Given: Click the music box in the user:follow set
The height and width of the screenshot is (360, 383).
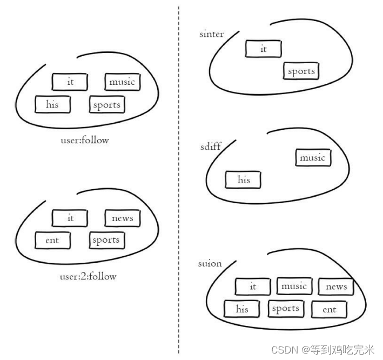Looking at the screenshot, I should point(122,82).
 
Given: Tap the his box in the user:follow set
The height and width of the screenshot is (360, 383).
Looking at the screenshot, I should point(53,104).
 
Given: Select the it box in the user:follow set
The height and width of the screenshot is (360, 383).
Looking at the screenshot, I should point(70,82).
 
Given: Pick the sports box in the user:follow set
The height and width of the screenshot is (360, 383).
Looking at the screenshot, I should point(107,104).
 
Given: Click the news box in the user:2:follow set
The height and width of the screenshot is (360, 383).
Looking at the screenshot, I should point(122,218).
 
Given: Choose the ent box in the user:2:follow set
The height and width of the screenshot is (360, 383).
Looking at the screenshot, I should point(53,241).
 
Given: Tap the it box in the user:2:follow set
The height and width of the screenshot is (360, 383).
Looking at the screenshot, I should point(70,218).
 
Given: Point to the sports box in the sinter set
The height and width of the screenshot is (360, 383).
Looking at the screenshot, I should point(301,71).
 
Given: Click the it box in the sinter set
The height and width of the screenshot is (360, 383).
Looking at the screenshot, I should point(264,49).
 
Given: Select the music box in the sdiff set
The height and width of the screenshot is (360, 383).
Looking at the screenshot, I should point(313,158).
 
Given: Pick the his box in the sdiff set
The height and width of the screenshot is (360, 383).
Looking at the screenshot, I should point(243,180).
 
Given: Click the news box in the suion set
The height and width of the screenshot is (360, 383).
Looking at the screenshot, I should point(336,287).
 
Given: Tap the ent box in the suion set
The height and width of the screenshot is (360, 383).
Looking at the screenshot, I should point(329,310).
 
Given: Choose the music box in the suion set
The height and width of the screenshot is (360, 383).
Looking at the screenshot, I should point(294,286).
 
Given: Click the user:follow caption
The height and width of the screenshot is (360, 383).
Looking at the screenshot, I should point(85,141).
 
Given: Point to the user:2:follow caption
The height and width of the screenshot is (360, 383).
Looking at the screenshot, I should point(88,277).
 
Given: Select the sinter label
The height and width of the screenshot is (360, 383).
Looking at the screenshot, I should point(211,35).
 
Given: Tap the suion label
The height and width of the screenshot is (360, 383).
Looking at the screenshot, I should point(210,264).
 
